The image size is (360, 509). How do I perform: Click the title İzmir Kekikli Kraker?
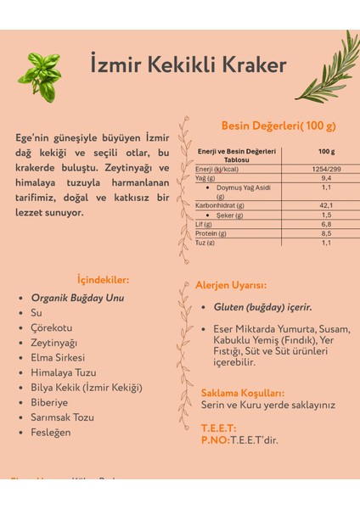point(188,65)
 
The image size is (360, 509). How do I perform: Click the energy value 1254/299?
point(326,168)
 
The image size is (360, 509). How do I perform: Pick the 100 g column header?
point(326,151)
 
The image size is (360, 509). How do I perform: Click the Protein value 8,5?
point(326,233)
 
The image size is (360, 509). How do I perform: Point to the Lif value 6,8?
point(326,224)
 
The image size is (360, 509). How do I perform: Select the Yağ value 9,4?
point(326,178)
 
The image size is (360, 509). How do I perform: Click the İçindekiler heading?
point(103,279)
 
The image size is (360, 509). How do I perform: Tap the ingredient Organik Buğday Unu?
point(77,298)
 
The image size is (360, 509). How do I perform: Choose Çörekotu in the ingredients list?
point(52,327)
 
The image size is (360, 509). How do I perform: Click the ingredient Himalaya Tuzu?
point(64,372)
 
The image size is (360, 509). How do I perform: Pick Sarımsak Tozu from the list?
point(63,417)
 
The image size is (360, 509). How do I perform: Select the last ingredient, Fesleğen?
point(51,432)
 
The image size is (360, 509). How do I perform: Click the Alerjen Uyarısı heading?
point(231,285)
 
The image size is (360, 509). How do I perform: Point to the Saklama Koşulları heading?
point(242,393)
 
